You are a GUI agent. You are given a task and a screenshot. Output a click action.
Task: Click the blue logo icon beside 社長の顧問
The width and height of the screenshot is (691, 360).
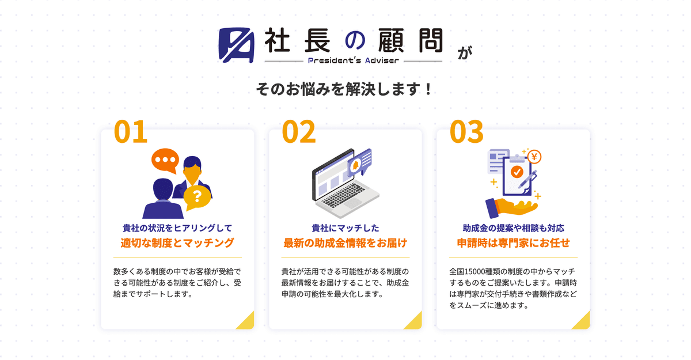[x=236, y=45]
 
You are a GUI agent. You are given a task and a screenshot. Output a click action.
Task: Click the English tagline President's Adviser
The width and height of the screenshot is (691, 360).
[x=354, y=60]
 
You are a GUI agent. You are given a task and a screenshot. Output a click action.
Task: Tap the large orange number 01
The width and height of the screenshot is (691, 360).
[x=131, y=132]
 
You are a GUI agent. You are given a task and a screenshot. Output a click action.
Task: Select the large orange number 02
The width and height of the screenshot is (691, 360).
[x=299, y=132]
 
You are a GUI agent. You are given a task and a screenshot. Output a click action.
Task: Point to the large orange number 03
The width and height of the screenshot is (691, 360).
[x=466, y=132]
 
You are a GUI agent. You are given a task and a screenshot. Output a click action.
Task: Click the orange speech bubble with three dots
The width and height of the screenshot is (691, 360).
[x=165, y=160]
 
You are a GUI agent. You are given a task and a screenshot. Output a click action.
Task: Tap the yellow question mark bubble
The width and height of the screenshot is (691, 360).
[x=197, y=198]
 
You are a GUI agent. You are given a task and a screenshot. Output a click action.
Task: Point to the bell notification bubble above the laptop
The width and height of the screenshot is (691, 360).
[x=360, y=162]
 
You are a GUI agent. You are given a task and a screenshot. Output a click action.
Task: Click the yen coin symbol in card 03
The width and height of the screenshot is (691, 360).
[x=534, y=157]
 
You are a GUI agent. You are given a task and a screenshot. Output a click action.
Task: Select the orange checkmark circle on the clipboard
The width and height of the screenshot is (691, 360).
[x=517, y=172]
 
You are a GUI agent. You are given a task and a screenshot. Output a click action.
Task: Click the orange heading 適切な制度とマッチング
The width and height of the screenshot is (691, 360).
[x=177, y=242]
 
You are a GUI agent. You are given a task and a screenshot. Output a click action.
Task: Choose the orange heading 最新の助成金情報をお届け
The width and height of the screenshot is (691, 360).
[x=345, y=242]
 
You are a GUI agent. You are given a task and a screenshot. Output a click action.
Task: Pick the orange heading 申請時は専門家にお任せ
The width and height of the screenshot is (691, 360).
[x=513, y=242]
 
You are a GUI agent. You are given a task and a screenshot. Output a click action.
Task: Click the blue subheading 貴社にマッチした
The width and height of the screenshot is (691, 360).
[x=345, y=228]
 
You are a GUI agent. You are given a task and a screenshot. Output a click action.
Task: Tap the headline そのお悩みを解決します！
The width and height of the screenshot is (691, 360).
[x=344, y=89]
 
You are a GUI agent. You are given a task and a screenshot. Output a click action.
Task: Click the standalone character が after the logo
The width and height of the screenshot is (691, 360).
[x=465, y=52]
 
